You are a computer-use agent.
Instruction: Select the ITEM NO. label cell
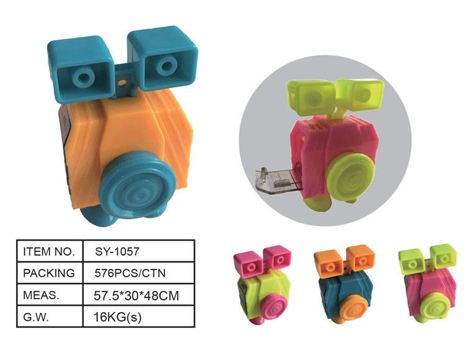[48, 251]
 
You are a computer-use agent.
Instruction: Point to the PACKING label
[48, 273]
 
